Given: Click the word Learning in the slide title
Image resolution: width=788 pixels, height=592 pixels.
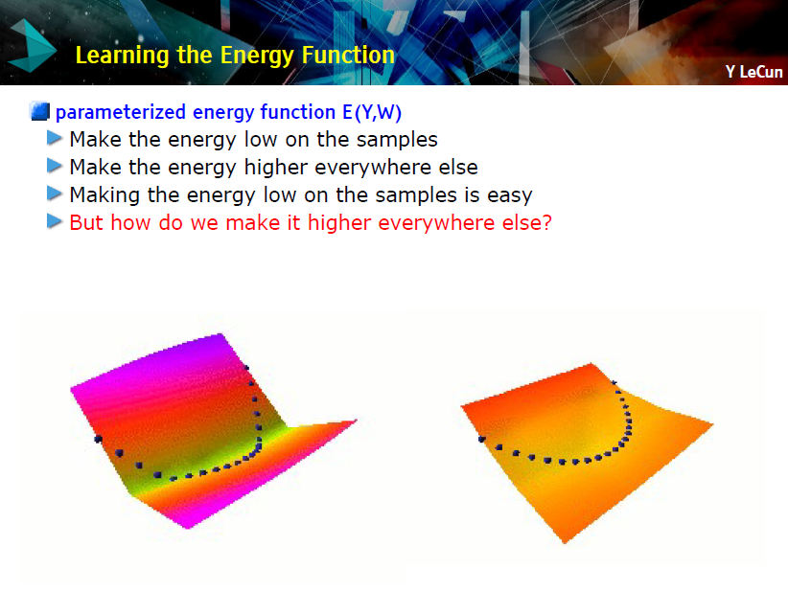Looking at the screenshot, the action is point(122,56).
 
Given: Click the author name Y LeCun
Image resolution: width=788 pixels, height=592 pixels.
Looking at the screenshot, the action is point(753,72).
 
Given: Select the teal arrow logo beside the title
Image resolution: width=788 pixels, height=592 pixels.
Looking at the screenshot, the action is point(33,46).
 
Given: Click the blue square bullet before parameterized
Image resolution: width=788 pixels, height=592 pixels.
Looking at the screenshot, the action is point(40,111).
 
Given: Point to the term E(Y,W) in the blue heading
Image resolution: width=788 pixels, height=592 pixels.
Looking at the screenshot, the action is point(372,112).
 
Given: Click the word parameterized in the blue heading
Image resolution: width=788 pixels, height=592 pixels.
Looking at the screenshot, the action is point(121,112).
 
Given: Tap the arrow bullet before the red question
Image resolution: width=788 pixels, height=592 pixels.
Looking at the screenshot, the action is point(55,221).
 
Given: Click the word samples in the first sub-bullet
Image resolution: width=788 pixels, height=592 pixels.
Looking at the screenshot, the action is point(397,140).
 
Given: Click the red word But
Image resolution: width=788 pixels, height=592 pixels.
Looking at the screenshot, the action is point(86,222).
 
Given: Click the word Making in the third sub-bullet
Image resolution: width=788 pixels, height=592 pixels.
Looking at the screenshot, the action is point(104,195).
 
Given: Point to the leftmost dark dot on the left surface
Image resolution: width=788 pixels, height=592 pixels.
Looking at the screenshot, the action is point(99,439).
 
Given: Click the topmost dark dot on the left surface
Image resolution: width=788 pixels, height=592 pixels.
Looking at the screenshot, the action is point(246,368).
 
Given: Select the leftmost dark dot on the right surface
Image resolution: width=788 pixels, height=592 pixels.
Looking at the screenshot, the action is point(482,440).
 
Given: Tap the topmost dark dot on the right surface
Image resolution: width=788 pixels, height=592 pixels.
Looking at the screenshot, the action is point(614,382).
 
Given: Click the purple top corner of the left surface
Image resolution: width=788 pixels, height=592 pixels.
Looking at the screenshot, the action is point(220,334).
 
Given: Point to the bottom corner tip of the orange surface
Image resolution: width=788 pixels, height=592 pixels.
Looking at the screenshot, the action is point(565,542).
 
